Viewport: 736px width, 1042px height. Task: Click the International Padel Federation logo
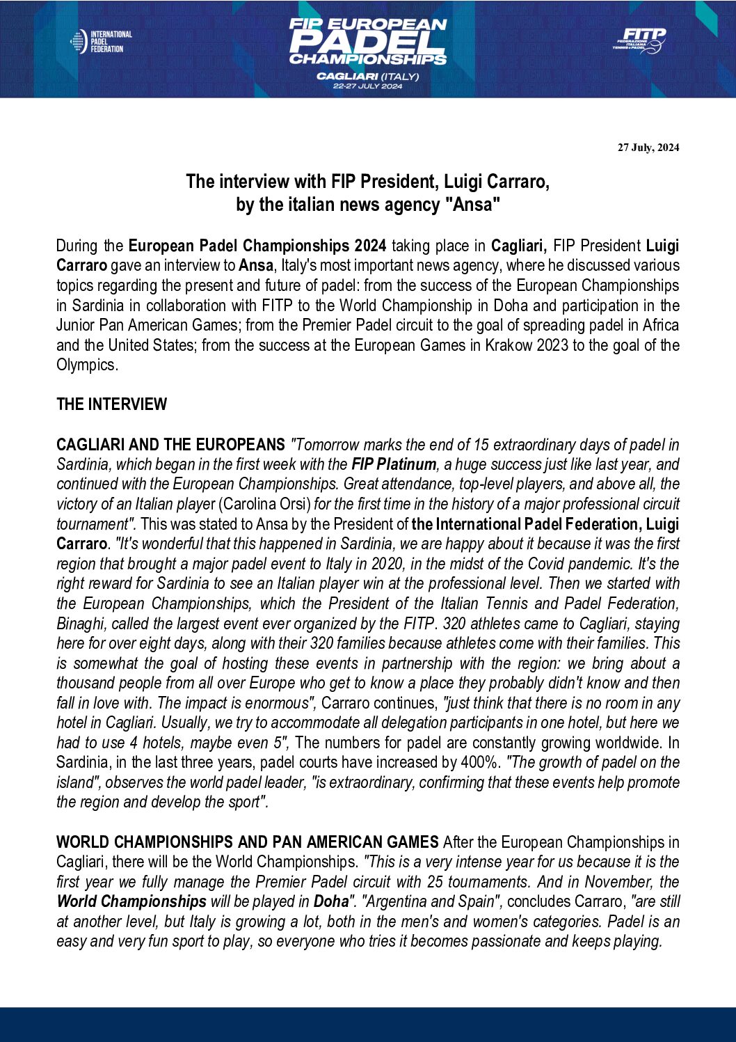101,42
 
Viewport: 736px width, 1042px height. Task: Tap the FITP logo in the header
639,40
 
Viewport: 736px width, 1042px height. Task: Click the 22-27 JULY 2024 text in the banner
367,86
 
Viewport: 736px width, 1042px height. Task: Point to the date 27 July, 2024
648,148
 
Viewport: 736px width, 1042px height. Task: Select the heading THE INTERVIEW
111,404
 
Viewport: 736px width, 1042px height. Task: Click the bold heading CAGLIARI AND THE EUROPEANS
170,445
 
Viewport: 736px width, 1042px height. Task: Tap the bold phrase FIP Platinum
394,464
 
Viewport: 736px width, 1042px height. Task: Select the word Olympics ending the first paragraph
86,365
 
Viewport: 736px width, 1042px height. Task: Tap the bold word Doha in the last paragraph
330,901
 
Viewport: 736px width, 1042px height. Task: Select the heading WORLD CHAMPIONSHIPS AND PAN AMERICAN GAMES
247,842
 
